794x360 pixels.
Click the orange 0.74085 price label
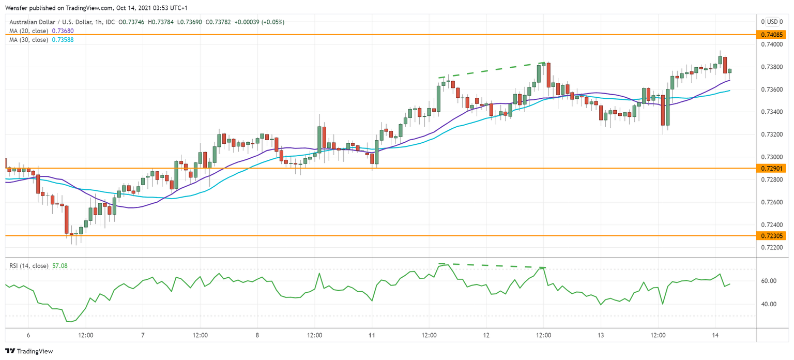[771, 35]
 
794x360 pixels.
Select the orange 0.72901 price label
[771, 169]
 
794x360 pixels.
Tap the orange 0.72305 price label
[771, 236]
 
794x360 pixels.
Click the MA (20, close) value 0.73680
[62, 31]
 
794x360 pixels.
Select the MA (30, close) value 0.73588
[62, 40]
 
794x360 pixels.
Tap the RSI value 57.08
[59, 266]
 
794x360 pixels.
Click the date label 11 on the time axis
[372, 336]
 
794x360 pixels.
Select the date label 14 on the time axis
[715, 336]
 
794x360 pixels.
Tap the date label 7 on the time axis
[143, 336]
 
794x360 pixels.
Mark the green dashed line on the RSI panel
[491, 266]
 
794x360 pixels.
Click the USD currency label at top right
[772, 22]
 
